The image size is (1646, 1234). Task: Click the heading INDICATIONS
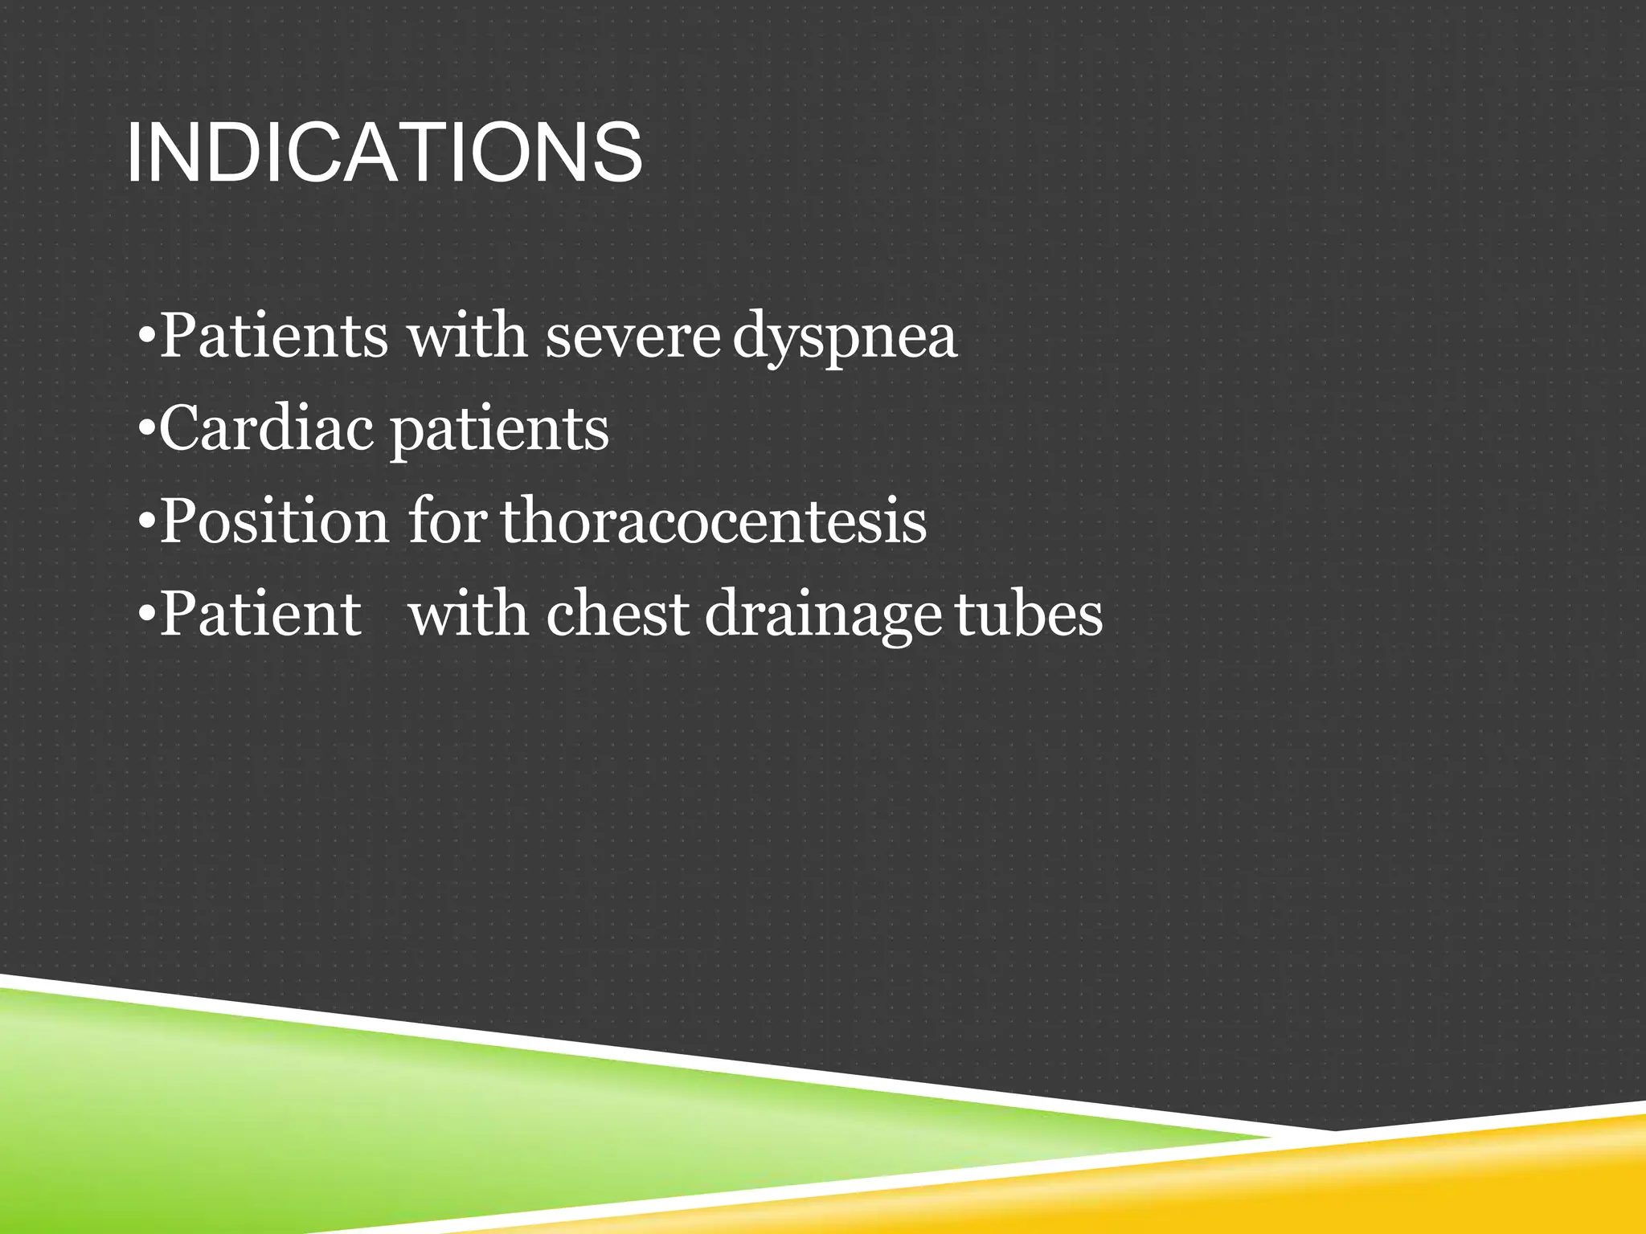[384, 153]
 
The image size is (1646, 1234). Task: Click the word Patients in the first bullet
[274, 336]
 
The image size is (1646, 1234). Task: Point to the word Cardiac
[266, 428]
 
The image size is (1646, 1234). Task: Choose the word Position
[274, 521]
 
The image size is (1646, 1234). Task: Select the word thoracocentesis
[714, 521]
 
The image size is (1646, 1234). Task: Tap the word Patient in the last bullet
[260, 614]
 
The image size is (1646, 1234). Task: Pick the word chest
[617, 614]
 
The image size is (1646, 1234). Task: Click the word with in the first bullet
[467, 336]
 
